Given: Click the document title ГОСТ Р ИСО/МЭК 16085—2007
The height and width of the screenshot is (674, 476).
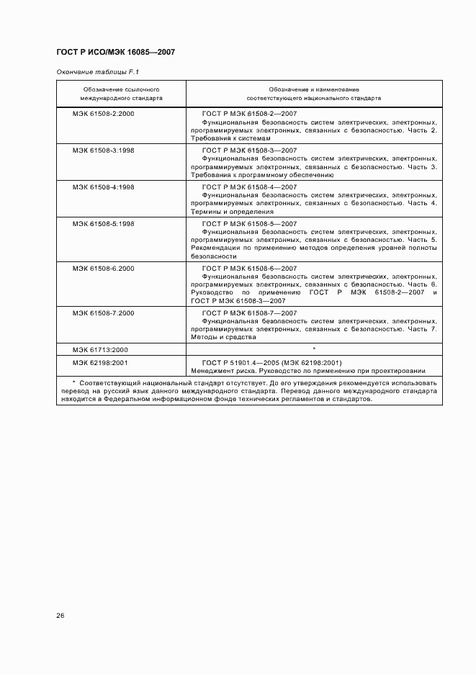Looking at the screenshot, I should tap(115, 52).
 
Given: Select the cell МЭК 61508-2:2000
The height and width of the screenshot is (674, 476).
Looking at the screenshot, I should tap(103, 114).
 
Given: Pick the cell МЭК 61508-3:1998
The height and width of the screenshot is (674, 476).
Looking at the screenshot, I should tap(103, 150).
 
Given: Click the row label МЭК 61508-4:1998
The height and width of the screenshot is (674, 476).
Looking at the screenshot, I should tap(103, 187).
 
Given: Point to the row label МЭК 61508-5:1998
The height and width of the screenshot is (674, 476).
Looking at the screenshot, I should tap(103, 224).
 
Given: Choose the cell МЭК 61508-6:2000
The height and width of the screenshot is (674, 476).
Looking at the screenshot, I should tap(103, 269).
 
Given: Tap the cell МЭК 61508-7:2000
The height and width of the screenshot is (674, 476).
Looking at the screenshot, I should tap(103, 313).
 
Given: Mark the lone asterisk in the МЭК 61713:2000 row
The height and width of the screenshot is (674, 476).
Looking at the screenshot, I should tap(314, 349).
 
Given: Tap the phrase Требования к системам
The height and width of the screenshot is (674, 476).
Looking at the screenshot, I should tap(230, 138).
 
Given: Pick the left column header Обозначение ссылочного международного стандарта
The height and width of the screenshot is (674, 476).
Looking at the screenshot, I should tap(121, 93).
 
